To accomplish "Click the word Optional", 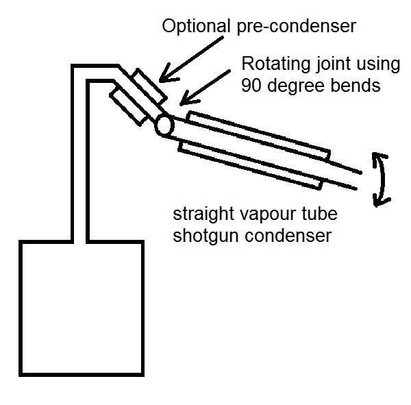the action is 196,27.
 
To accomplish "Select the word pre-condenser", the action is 297,27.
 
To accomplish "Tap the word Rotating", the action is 277,64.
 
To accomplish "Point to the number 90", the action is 251,86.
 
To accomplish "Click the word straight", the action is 203,214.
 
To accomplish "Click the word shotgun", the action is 207,236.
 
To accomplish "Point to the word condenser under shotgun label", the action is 288,236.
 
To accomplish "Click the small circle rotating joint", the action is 164,126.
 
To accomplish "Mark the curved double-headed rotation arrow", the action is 383,178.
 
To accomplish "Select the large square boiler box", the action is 82,308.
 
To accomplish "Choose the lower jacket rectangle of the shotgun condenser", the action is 250,166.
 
